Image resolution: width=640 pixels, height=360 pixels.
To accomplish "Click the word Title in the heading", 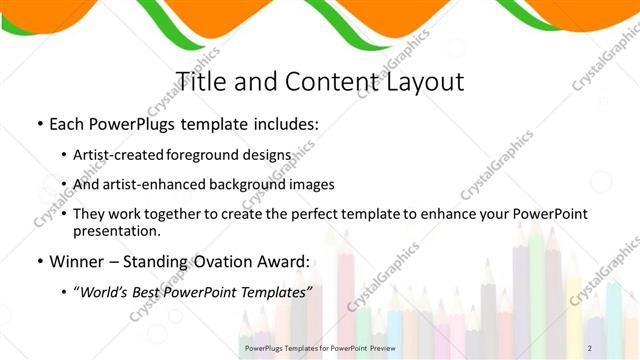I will coord(203,81).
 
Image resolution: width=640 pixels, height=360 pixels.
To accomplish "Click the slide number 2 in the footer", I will coord(589,347).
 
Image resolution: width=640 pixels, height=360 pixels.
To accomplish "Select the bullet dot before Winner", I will coord(39,262).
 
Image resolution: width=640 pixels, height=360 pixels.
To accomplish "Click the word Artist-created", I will coord(120,156).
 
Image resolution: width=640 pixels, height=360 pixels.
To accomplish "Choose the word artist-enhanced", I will coord(154,185).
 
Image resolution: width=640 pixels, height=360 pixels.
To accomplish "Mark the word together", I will coord(188,215).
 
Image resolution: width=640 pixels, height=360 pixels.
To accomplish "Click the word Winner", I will coord(81,262).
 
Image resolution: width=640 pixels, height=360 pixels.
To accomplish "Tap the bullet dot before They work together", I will coord(65,215).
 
